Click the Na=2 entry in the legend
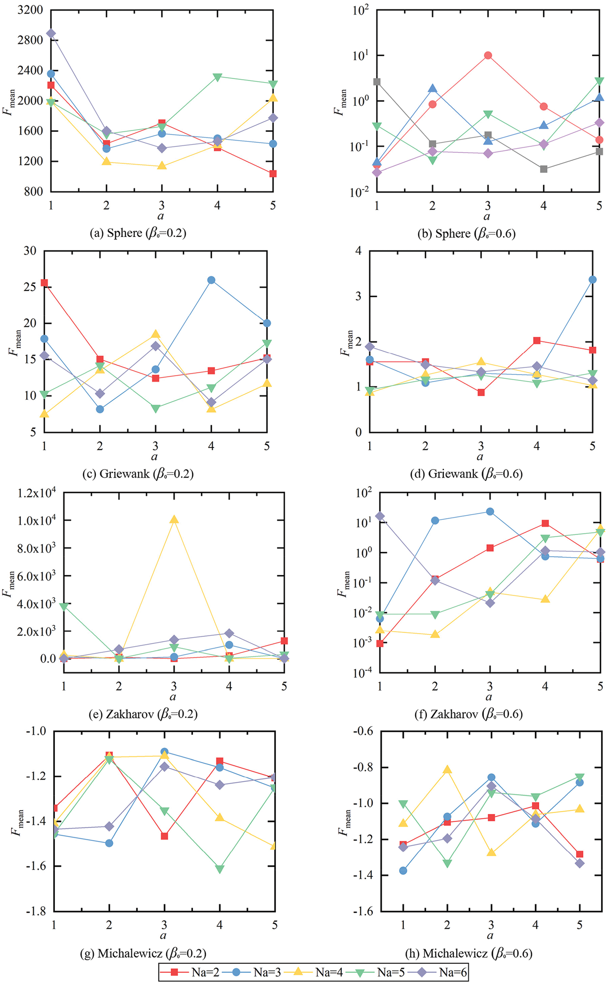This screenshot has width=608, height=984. (x=190, y=972)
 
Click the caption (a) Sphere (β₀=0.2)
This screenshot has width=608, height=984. (x=138, y=233)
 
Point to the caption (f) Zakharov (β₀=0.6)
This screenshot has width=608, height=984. (x=468, y=714)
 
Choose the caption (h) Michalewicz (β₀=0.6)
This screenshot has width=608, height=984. (x=469, y=953)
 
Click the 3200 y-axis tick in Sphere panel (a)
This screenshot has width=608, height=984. (x=30, y=10)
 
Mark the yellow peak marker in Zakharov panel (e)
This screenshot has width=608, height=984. (x=174, y=520)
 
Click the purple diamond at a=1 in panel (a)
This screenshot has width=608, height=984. (x=51, y=34)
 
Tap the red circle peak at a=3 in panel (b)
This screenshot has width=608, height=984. (x=488, y=55)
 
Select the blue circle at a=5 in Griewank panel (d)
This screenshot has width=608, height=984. (x=592, y=280)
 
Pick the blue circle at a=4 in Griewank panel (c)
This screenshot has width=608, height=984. (x=211, y=280)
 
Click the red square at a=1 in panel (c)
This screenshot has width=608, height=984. (x=44, y=283)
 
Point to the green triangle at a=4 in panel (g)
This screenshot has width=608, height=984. (x=220, y=870)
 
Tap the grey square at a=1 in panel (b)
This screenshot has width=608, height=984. (x=377, y=82)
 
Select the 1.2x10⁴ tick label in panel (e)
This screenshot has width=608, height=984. (x=36, y=492)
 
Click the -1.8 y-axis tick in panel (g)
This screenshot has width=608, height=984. (x=36, y=912)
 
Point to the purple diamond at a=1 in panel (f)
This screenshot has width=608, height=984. (x=380, y=516)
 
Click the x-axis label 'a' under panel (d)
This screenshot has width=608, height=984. (x=480, y=457)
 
